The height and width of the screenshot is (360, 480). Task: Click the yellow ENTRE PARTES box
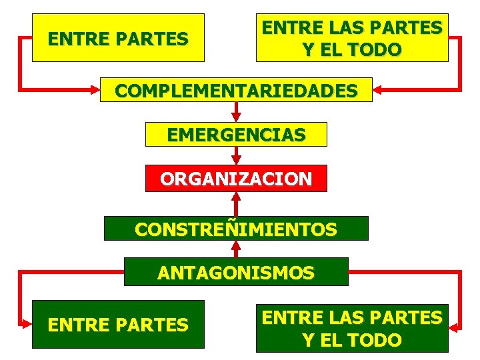[x=118, y=37]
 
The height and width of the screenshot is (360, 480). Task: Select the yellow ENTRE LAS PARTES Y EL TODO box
[x=352, y=37]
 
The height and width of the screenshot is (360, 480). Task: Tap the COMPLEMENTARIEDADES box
[x=236, y=90]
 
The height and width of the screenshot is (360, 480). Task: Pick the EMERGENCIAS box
[x=236, y=134]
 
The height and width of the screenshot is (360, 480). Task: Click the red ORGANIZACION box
[x=236, y=178]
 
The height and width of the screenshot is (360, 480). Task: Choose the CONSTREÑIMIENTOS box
[x=236, y=228]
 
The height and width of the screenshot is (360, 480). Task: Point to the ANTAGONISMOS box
[x=236, y=271]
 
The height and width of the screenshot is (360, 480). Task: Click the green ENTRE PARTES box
[x=118, y=324]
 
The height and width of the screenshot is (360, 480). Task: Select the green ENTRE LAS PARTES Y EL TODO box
[x=352, y=327]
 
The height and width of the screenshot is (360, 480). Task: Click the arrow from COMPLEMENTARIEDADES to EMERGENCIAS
[x=236, y=112]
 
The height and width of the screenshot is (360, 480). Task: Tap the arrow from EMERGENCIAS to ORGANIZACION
[x=236, y=155]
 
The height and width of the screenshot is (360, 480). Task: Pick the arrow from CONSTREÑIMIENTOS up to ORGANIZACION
[x=236, y=203]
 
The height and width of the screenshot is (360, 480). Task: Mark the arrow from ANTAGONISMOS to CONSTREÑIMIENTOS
[x=236, y=249]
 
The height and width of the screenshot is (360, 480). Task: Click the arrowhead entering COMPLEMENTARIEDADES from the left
[x=95, y=88]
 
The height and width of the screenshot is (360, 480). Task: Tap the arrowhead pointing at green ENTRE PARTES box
[x=27, y=325]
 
